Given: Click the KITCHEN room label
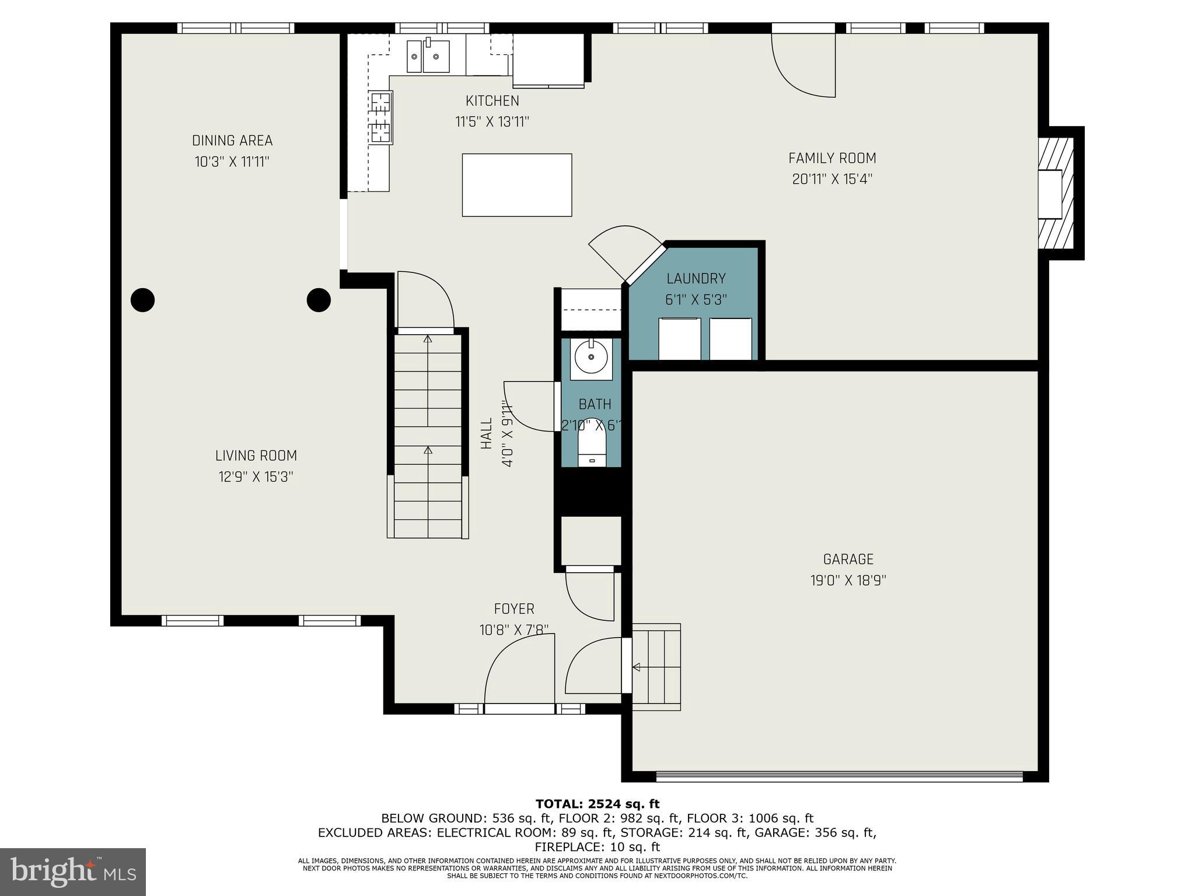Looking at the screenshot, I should (492, 101).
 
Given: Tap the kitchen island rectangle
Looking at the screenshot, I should (516, 185).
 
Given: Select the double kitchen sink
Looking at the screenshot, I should (428, 57).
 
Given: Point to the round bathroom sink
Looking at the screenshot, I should (591, 356).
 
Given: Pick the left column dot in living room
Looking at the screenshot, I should (142, 300).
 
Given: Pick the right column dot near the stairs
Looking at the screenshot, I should (319, 300).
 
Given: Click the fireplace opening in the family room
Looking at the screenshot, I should (1049, 194).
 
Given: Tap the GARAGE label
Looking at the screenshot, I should (848, 559).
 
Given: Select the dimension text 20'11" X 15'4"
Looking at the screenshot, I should (831, 180).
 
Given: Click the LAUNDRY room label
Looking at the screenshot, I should (696, 279).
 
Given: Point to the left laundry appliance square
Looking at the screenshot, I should (679, 339).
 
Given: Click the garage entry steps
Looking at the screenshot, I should (656, 667).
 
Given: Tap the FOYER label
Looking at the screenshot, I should (513, 609).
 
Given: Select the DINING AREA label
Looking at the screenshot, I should (232, 141).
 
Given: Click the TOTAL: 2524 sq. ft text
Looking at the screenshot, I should (597, 804).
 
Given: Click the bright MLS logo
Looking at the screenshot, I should (73, 871).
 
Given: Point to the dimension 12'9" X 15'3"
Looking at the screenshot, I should (256, 477).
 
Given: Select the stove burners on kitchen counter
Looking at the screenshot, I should (380, 118).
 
